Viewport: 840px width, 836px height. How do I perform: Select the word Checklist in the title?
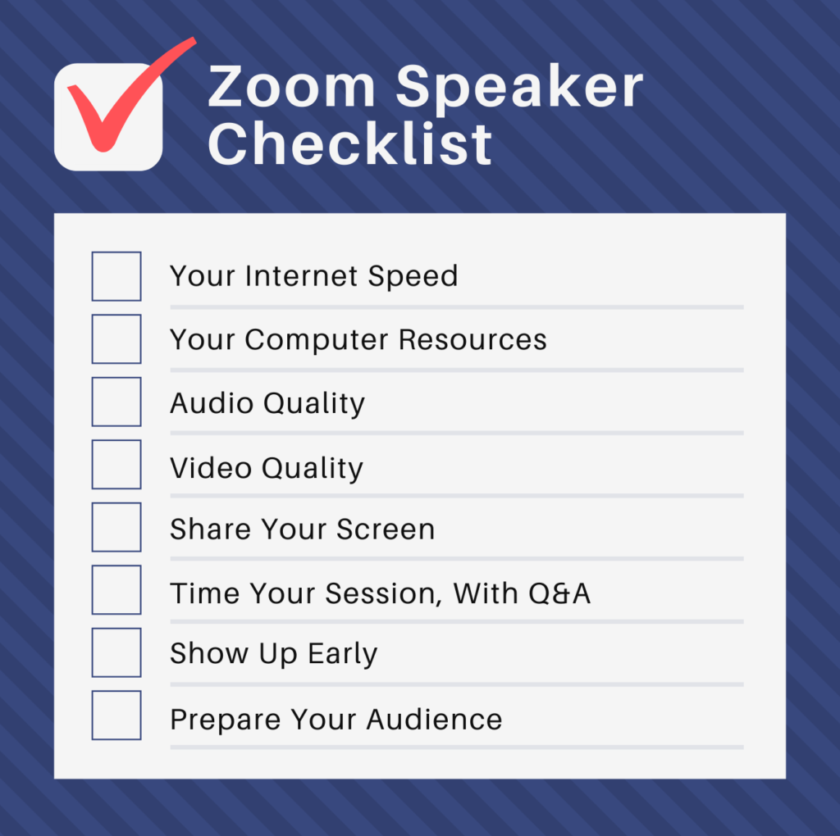click(x=349, y=144)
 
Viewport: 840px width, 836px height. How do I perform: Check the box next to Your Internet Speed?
click(x=116, y=276)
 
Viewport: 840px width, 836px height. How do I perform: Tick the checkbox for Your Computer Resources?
click(x=116, y=338)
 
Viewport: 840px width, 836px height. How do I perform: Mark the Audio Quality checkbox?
click(x=116, y=402)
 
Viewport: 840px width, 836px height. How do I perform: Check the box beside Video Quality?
click(x=116, y=465)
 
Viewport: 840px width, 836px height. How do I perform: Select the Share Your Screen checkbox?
click(x=116, y=527)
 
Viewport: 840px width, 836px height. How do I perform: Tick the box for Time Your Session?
click(x=116, y=590)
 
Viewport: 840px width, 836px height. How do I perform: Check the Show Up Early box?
click(x=116, y=652)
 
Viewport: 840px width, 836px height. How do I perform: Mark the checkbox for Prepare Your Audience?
click(x=116, y=716)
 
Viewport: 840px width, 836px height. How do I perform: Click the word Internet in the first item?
click(x=302, y=276)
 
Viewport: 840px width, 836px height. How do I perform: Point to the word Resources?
click(x=472, y=339)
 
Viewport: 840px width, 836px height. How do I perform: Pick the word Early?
click(x=343, y=654)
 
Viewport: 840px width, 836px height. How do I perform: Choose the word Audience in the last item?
click(x=434, y=720)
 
